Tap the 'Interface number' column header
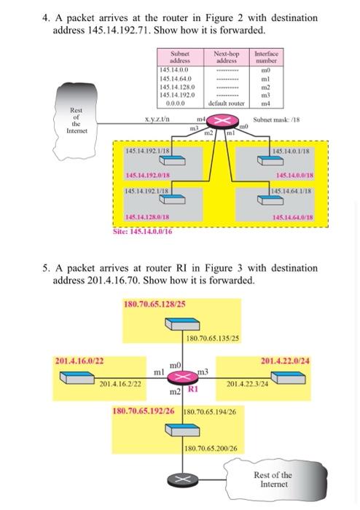267,58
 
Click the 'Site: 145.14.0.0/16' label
143,231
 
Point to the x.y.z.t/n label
157,119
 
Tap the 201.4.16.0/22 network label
79,360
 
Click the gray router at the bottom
179,479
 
